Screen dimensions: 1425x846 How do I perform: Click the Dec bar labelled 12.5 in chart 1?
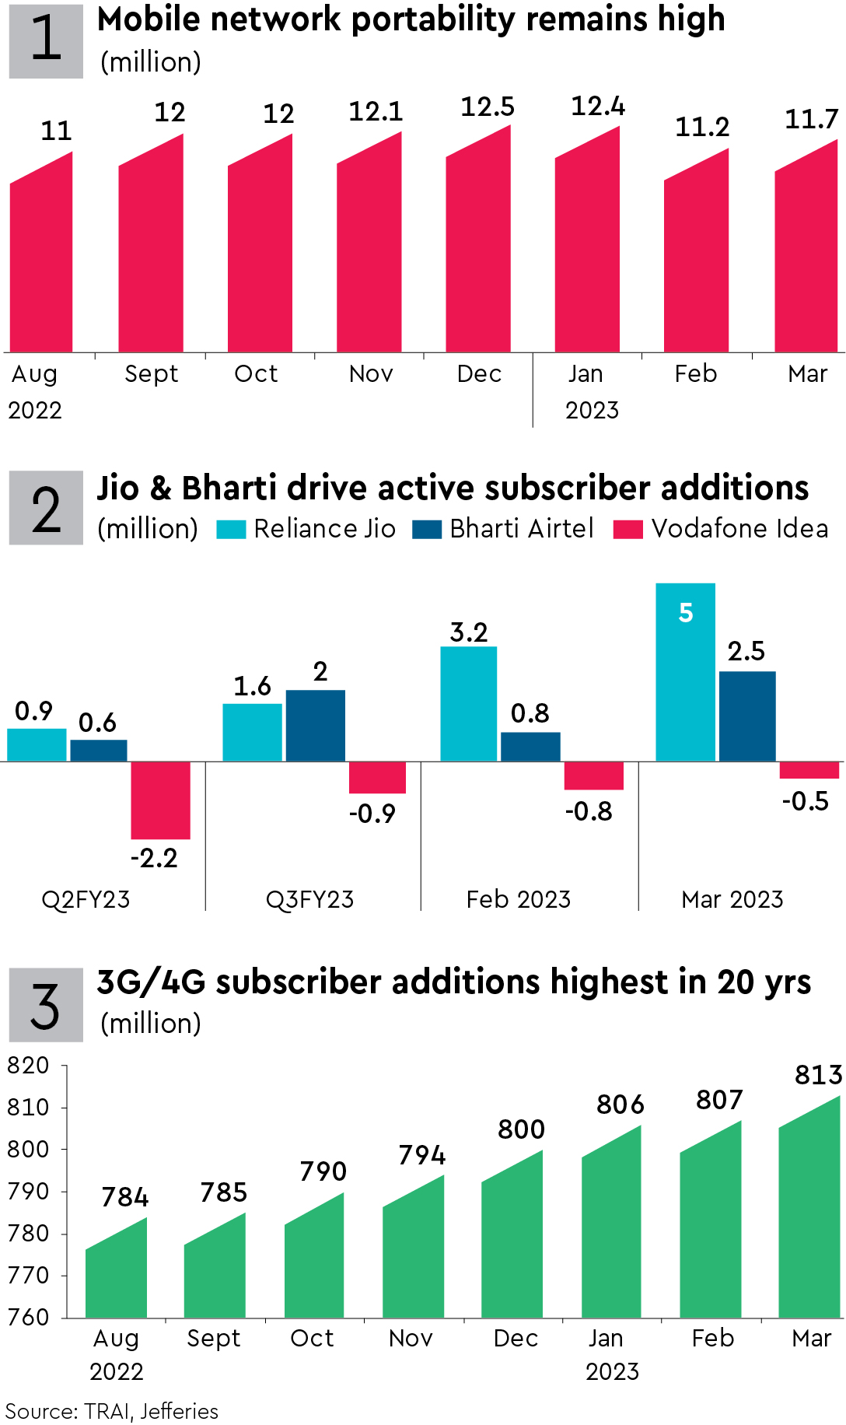pyautogui.click(x=478, y=249)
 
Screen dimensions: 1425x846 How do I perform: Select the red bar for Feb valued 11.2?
pyautogui.click(x=696, y=261)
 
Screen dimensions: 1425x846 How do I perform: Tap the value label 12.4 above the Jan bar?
pyautogui.click(x=597, y=107)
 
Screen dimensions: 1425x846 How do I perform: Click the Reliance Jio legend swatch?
pyautogui.click(x=231, y=530)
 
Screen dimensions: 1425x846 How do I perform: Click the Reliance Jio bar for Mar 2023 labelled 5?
pyautogui.click(x=685, y=673)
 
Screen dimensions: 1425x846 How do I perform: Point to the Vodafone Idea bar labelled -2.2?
pyautogui.click(x=160, y=800)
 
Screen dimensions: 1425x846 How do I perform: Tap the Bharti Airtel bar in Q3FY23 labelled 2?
pyautogui.click(x=315, y=725)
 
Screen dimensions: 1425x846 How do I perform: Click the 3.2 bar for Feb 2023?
pyautogui.click(x=468, y=704)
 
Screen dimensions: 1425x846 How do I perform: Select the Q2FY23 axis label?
pyautogui.click(x=86, y=900)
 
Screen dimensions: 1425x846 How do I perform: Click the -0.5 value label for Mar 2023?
pyautogui.click(x=805, y=801)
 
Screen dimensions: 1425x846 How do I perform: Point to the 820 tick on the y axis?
pyautogui.click(x=28, y=1066)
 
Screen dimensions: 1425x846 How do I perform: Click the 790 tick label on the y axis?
pyautogui.click(x=28, y=1192)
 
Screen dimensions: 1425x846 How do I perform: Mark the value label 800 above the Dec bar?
pyautogui.click(x=521, y=1129)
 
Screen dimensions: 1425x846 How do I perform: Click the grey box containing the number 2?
pyautogui.click(x=46, y=508)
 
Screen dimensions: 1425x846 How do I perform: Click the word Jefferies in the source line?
pyautogui.click(x=180, y=1411)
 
